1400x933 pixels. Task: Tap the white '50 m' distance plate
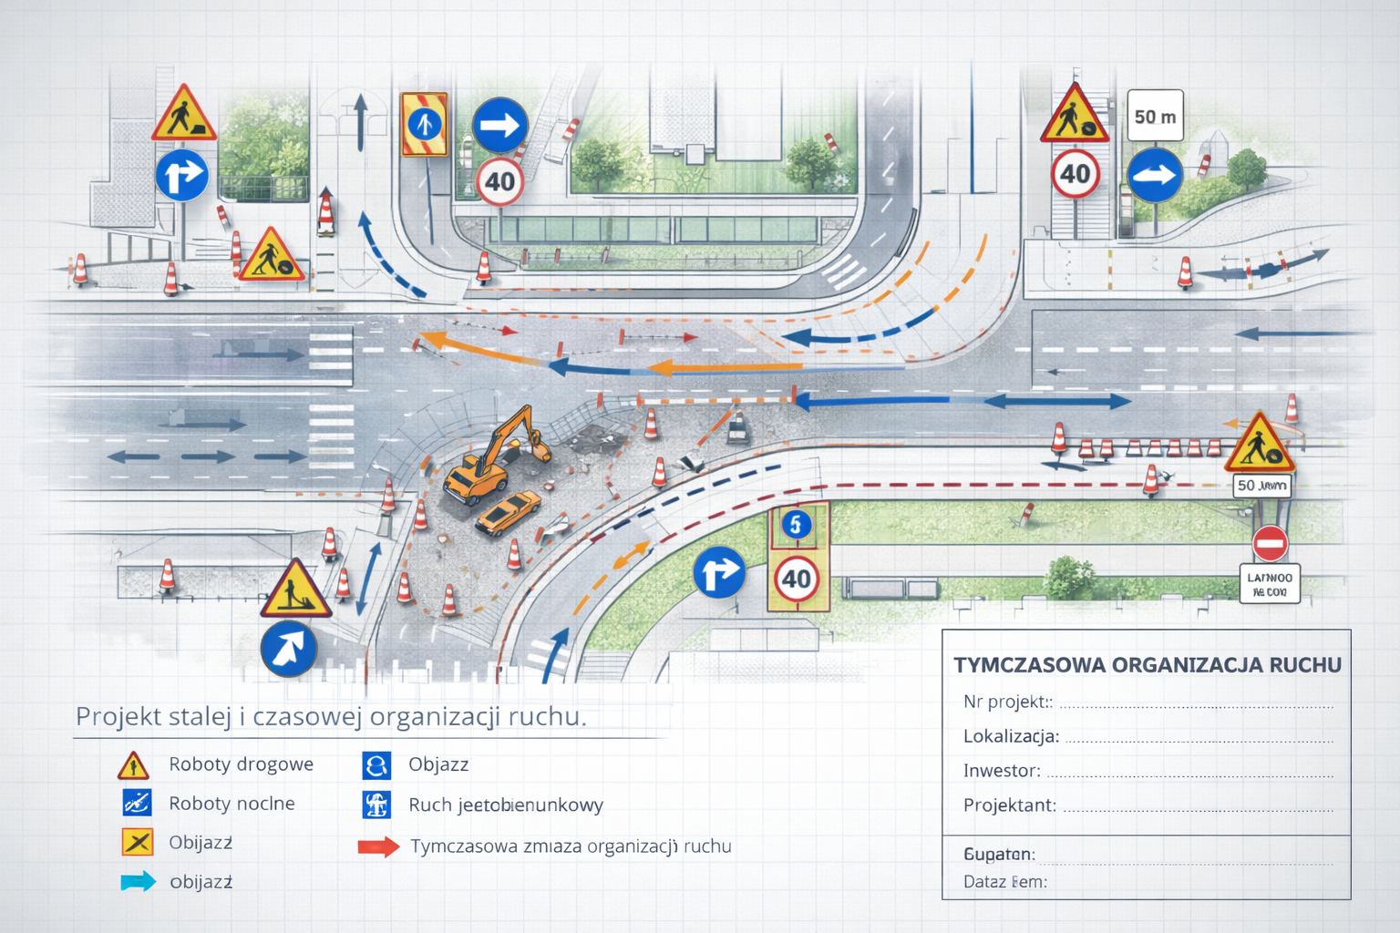click(1155, 116)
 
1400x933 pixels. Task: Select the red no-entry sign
click(1270, 544)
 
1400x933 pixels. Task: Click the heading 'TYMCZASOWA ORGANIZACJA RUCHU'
click(1147, 665)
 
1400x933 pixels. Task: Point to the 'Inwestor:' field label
click(1002, 771)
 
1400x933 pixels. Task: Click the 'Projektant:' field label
click(1010, 805)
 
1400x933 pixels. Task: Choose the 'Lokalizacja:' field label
click(1011, 736)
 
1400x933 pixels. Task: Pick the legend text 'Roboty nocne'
click(232, 804)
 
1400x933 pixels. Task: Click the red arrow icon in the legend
click(378, 846)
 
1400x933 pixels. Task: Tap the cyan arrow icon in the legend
click(138, 881)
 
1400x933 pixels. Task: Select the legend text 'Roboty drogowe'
click(241, 764)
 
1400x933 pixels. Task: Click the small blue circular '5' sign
click(796, 525)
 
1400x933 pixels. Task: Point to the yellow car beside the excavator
click(507, 512)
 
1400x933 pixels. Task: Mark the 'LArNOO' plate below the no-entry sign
click(1270, 584)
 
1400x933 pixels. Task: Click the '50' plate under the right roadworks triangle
click(1261, 486)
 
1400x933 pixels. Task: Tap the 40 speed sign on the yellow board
click(797, 579)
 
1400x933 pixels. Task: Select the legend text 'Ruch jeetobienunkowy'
click(506, 805)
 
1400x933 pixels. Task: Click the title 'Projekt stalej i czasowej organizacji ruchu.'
click(331, 717)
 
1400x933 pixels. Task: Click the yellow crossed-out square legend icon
click(137, 842)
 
